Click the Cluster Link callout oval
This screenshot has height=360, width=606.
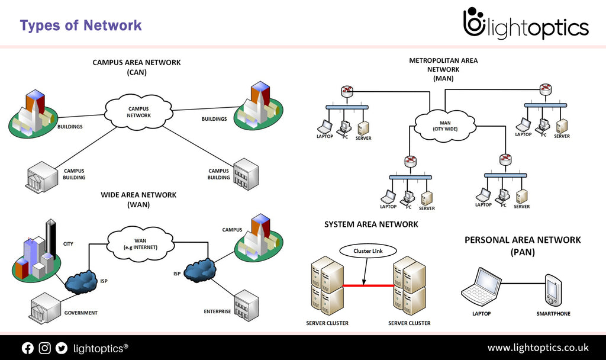pos(368,250)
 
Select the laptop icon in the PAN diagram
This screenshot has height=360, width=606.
pos(481,287)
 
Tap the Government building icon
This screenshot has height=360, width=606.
pos(45,308)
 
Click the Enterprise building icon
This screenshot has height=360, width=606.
pos(246,305)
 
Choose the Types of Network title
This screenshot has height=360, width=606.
pos(80,25)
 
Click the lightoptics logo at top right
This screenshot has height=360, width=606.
pos(526,24)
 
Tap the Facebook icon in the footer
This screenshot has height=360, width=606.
pos(28,348)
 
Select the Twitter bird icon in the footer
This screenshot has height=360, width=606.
pos(62,348)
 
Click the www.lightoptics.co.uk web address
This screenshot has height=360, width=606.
pos(537,348)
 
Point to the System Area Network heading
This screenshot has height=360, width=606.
pos(371,224)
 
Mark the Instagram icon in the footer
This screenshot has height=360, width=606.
pos(44,348)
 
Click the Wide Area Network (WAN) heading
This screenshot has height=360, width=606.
pos(138,200)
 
